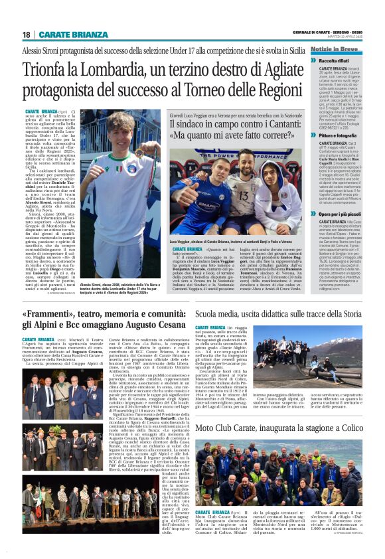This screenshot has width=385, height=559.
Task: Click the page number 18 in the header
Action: pos(27,35)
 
